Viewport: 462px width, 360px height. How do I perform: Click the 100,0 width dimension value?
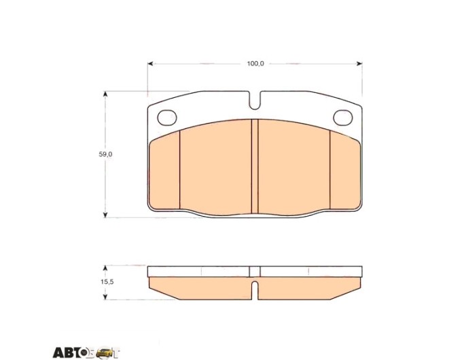click(x=255, y=64)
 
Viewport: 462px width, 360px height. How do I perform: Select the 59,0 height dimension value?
click(x=105, y=154)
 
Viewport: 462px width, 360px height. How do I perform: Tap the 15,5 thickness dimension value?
click(x=107, y=282)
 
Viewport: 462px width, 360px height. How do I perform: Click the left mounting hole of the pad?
click(x=167, y=118)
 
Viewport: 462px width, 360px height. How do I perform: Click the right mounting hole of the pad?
click(x=343, y=118)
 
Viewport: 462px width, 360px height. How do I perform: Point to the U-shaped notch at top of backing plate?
click(x=255, y=101)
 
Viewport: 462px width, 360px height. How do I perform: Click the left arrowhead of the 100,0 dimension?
click(x=150, y=63)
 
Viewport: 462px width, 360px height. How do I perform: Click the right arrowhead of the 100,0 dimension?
click(x=359, y=63)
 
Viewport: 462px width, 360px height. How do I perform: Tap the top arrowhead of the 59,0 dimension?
click(x=105, y=94)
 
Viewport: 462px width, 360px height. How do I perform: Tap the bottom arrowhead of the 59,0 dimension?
click(x=105, y=215)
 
